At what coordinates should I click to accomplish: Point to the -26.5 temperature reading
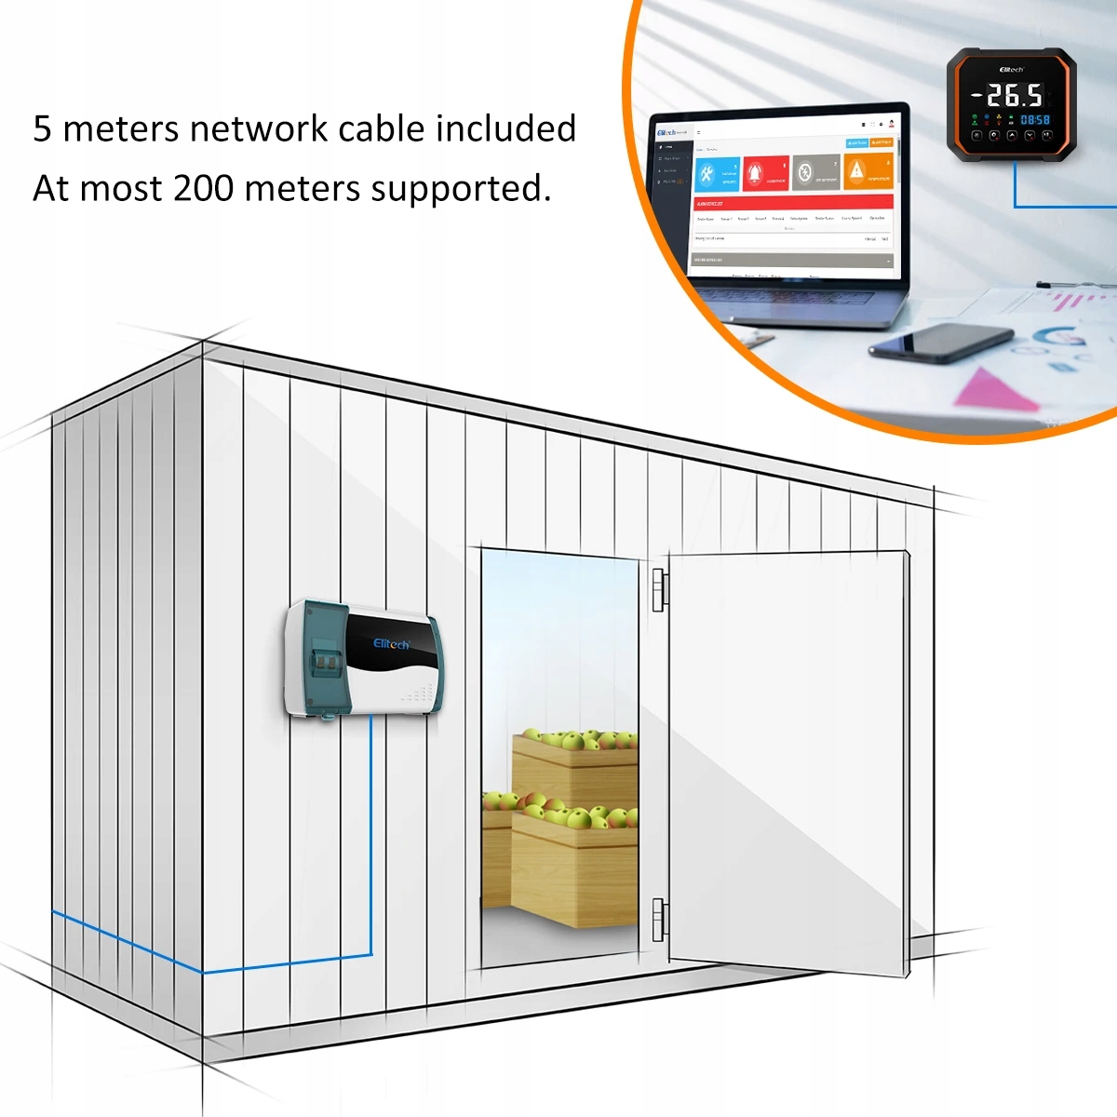click(x=1007, y=95)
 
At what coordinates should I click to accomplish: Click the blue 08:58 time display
click(x=1035, y=120)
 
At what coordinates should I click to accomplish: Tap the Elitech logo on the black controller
click(x=1011, y=70)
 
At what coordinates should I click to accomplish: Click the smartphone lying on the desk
click(x=940, y=343)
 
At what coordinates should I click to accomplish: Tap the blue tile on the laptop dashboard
click(x=717, y=174)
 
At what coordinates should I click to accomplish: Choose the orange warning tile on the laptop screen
click(x=868, y=171)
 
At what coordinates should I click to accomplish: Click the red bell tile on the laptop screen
click(x=765, y=173)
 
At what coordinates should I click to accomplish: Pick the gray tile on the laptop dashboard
click(x=815, y=172)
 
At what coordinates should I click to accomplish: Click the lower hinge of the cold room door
click(x=658, y=920)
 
